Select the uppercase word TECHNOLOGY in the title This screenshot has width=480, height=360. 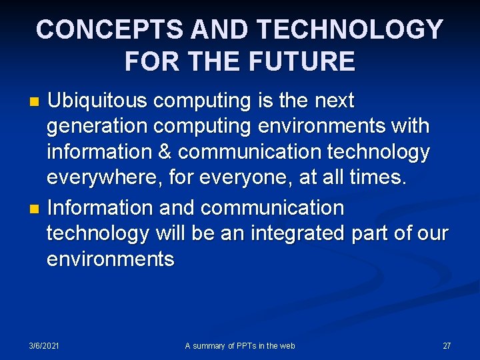coord(349,29)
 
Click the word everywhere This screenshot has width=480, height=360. coord(100,178)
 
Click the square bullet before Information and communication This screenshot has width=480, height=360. coord(37,209)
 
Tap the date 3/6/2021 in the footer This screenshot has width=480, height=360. coord(44,345)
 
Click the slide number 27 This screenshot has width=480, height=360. coord(447,345)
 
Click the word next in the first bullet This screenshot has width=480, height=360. coord(331,101)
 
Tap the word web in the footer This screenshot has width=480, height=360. coord(287,345)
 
